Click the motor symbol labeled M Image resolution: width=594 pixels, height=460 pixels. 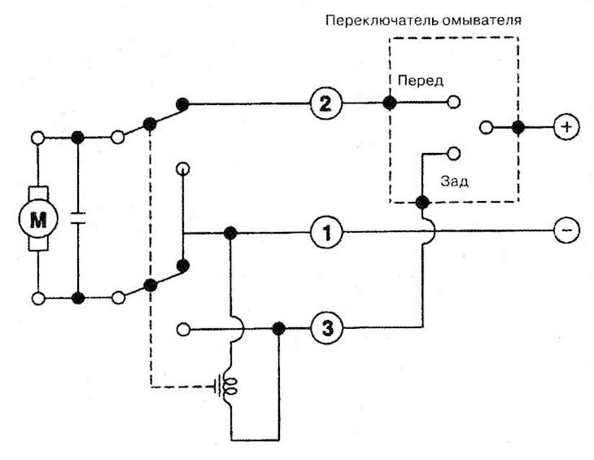38,219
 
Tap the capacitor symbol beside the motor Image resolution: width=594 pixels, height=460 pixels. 78,218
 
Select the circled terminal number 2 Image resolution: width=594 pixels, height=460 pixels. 325,103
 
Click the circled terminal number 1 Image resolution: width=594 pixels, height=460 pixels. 326,233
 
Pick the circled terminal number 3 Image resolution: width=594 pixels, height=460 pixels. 327,328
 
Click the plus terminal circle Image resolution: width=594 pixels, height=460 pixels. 566,127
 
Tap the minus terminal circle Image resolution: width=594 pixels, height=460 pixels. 566,230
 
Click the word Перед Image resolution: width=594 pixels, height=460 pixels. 421,81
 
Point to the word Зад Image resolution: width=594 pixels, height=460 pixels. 454,182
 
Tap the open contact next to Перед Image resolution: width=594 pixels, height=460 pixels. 454,102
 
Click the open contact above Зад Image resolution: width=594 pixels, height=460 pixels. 454,153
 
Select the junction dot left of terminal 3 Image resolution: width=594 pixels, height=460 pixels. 278,329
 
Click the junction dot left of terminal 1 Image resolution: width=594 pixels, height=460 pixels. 230,233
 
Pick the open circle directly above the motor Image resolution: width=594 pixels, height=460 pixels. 38,138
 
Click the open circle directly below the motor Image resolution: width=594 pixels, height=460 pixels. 38,299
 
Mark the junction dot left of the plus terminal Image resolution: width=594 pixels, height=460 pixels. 518,127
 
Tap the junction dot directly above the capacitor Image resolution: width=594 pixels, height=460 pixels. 77,137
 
